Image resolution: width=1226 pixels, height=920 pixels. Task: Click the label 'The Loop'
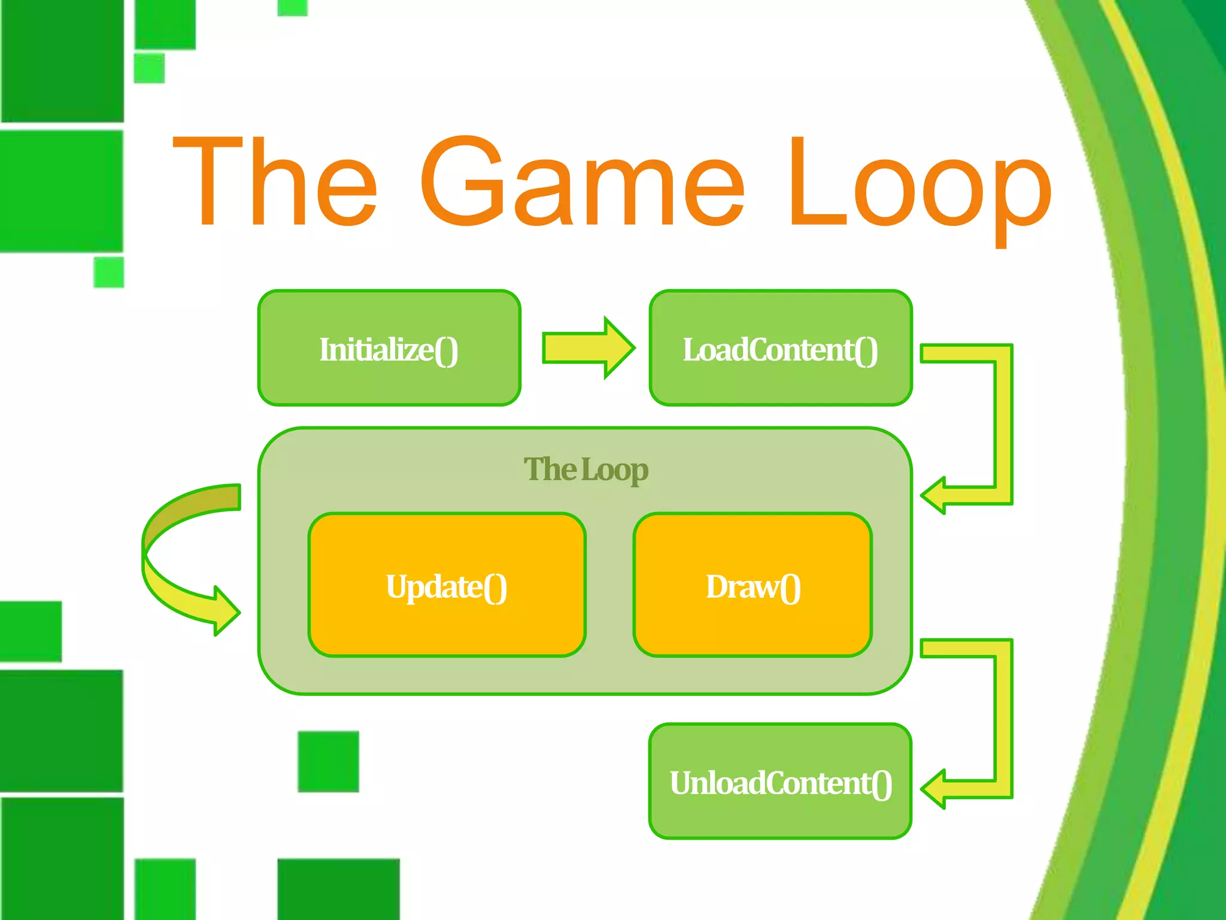585,470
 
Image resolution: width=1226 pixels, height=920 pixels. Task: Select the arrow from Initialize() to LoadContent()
587,348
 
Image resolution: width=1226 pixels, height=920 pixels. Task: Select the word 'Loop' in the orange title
919,183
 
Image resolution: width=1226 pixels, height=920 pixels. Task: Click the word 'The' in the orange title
275,183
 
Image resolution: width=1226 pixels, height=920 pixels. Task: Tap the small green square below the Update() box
328,761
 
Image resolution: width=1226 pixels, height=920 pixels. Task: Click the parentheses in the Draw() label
790,588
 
